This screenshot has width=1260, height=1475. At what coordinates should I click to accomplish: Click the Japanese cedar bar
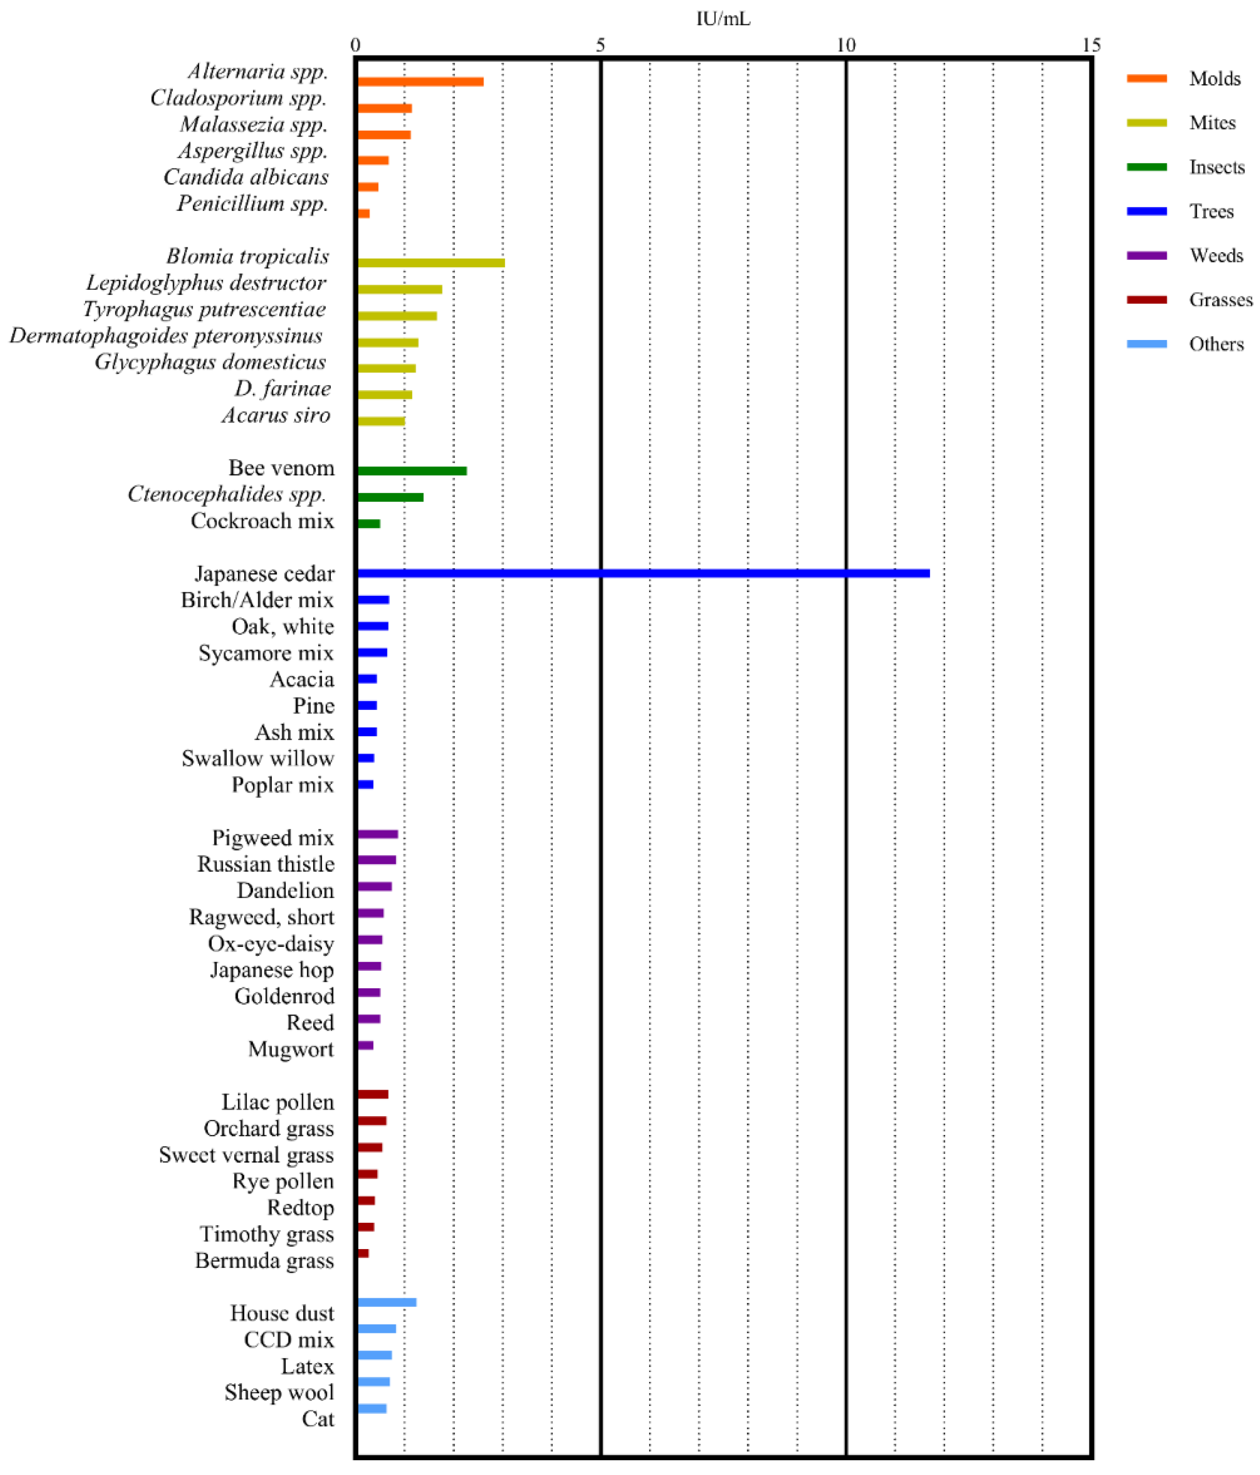coord(643,573)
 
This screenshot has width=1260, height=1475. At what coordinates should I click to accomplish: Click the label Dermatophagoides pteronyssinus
coord(166,335)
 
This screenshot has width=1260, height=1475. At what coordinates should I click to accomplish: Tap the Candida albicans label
coord(246,177)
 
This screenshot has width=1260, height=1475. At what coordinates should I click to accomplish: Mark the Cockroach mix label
coord(262,520)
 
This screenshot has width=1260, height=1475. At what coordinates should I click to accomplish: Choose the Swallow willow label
coord(258,758)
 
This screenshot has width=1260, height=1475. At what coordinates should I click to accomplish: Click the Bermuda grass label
coord(264,1260)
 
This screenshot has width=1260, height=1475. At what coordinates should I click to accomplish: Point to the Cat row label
coord(317,1419)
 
